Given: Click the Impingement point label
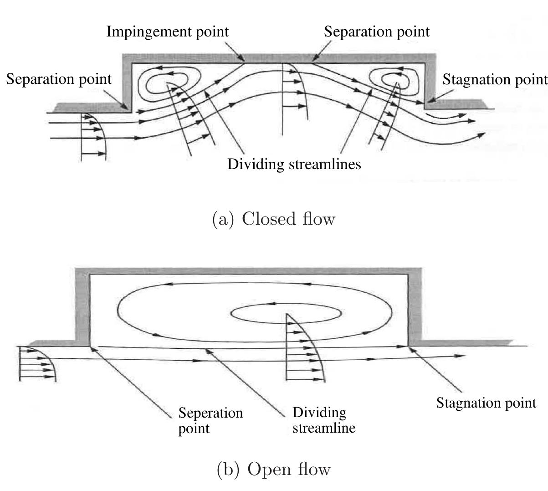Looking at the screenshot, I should click(167, 32).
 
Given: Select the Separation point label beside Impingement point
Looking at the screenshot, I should click(376, 32).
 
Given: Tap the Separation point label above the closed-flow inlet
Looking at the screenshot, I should click(59, 79).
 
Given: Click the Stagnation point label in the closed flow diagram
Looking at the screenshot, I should click(495, 79).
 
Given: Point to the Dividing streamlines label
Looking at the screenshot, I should click(294, 164).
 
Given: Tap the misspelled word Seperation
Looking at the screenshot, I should click(210, 413).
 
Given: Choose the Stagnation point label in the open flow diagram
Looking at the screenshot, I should click(486, 403).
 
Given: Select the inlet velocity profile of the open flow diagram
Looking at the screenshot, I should click(36, 363).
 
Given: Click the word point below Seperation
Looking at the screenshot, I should click(194, 429).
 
